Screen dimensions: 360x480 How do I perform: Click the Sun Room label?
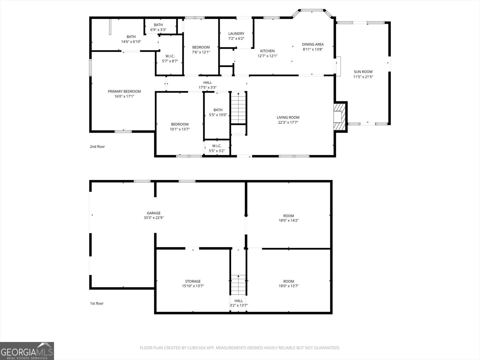tap(363, 72)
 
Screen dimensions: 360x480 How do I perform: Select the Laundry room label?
tap(236, 34)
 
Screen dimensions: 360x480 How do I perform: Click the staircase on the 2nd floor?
tap(238, 108)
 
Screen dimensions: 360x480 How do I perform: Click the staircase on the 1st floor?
tap(238, 285)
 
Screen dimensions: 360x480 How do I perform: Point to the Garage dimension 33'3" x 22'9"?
tap(154, 218)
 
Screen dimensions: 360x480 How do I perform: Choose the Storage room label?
tap(193, 281)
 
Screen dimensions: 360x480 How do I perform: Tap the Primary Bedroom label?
tap(124, 91)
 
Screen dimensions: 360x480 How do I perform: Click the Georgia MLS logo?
tap(27, 351)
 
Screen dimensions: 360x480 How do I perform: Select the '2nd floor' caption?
tap(97, 147)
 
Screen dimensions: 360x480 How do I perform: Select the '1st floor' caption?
tap(97, 303)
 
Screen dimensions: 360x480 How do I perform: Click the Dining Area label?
tap(313, 44)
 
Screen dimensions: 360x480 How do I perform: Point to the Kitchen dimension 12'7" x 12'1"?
tap(267, 56)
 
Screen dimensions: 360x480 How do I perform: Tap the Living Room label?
tap(288, 117)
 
